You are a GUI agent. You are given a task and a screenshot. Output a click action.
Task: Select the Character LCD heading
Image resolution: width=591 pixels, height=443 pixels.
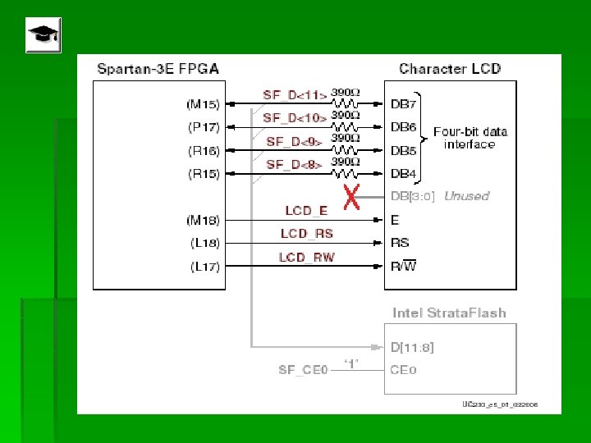pos(449,68)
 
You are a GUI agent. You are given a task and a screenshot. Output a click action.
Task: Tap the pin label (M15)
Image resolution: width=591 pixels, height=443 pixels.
pos(203,104)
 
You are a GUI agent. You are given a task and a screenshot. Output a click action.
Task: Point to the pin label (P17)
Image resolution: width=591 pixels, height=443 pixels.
pos(203,127)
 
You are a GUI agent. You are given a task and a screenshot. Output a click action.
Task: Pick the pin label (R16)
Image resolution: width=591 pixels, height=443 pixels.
pos(203,150)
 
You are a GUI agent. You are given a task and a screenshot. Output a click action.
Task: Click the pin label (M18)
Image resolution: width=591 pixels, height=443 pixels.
pos(203,220)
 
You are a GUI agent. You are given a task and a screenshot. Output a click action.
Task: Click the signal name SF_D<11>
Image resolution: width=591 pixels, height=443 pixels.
pos(295,95)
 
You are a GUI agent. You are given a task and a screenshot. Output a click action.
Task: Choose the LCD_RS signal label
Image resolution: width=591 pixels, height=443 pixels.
pos(306,234)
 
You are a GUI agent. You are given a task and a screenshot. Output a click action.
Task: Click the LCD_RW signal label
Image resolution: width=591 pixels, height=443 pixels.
pos(307,258)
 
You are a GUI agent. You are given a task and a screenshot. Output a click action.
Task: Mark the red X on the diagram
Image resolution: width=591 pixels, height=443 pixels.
pos(351,197)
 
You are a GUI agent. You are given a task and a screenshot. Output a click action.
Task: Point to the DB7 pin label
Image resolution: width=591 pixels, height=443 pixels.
pos(404,104)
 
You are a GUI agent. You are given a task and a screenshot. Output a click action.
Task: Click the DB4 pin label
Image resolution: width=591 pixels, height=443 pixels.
pos(404,173)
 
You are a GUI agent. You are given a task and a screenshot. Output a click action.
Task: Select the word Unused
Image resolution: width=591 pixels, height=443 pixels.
pos(465,196)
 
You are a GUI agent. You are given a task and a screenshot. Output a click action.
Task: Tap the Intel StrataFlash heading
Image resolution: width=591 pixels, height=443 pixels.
pos(449,313)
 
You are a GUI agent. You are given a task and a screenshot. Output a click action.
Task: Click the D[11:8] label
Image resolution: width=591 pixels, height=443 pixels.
pos(412,347)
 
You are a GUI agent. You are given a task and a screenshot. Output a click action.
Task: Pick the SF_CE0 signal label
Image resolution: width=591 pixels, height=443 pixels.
pos(303,370)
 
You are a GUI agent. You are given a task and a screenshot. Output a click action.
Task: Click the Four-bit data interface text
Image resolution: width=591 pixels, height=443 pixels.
pos(470,138)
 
